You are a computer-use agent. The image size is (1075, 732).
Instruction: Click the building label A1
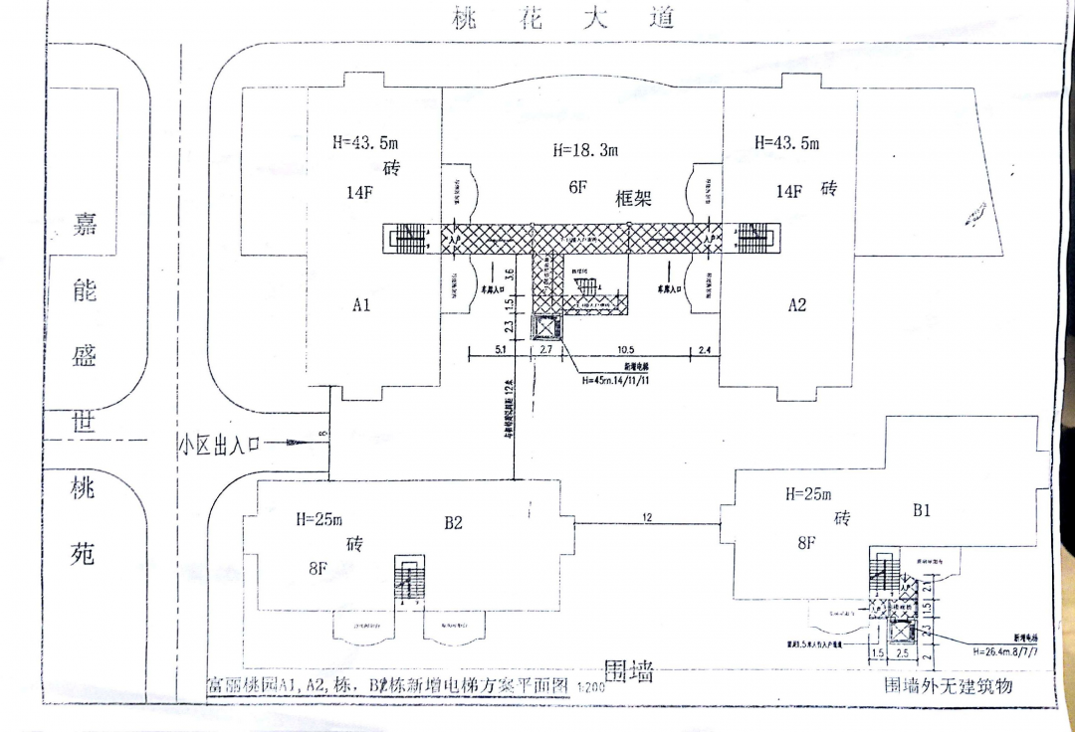point(361,305)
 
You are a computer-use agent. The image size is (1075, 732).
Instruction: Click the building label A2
point(797,305)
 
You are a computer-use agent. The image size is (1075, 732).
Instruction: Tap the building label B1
point(922,511)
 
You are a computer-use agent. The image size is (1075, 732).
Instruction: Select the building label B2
point(454,522)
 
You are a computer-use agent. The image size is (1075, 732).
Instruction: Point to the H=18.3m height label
point(585,150)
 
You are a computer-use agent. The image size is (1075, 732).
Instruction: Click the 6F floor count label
point(579,186)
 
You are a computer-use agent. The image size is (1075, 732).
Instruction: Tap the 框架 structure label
point(633,198)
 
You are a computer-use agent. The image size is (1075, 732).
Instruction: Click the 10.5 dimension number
point(625,350)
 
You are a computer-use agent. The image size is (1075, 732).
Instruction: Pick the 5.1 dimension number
point(501,350)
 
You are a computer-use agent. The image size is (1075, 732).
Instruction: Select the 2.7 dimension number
point(546,350)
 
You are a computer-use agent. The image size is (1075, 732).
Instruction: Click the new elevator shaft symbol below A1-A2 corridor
point(547,329)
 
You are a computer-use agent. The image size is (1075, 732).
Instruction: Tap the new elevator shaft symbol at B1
point(901,631)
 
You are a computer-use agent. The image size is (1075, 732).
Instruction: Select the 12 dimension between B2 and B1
point(648,517)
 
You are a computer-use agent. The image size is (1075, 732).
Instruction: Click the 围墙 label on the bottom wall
point(630,672)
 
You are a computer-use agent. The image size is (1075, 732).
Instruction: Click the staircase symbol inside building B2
point(407,576)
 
